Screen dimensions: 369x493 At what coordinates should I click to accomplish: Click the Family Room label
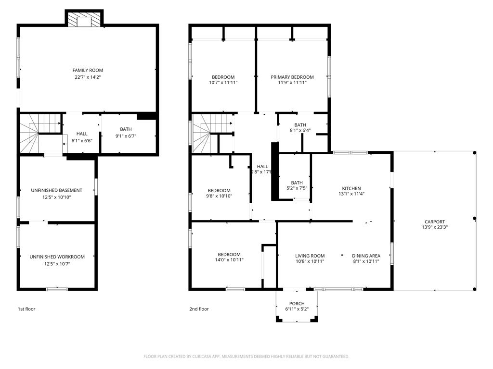(x=88, y=70)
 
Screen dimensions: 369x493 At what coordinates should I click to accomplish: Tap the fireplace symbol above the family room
(x=84, y=20)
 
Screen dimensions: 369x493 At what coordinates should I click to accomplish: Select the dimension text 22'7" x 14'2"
(x=88, y=77)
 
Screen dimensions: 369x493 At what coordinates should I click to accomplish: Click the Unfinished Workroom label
(x=57, y=257)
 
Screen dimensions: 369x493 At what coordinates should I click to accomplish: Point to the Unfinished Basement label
(x=57, y=190)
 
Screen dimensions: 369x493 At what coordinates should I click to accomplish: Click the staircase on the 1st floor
(x=30, y=134)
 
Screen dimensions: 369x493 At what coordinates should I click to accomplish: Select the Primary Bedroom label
(x=292, y=77)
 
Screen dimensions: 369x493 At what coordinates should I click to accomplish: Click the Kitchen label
(x=351, y=188)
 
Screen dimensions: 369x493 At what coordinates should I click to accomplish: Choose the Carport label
(x=435, y=221)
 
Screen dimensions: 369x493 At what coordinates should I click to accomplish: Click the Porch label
(x=297, y=303)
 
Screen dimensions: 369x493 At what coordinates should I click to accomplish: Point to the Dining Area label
(x=366, y=256)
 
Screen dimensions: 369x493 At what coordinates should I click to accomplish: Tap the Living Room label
(x=310, y=256)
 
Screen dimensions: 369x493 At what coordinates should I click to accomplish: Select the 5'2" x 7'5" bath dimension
(x=297, y=189)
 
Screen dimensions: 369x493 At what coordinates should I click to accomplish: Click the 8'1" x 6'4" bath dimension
(x=300, y=131)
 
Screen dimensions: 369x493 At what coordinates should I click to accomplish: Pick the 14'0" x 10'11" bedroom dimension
(x=229, y=260)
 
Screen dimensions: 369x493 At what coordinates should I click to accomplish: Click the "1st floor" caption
(x=26, y=309)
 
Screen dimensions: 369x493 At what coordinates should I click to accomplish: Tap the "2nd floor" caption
(x=199, y=309)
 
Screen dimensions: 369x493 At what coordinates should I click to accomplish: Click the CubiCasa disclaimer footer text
(x=246, y=356)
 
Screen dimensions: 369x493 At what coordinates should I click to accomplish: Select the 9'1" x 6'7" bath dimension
(x=126, y=135)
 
